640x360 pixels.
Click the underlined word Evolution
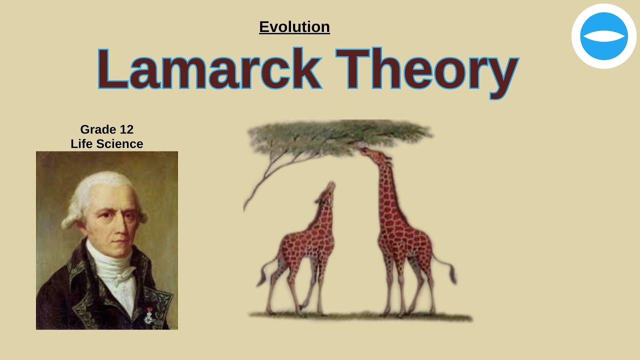294,26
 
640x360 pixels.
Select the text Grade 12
106,129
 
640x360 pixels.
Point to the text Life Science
106,144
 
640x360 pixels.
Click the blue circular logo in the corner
603,36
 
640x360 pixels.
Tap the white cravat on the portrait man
112,265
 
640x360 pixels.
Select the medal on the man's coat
148,316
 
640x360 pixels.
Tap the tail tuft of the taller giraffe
453,275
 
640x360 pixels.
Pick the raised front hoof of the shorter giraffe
302,306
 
